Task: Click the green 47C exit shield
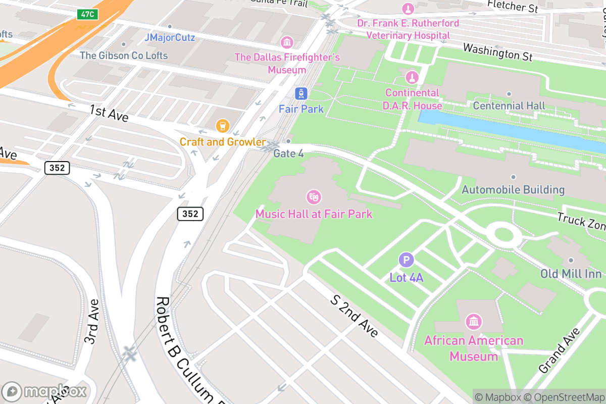[x=87, y=14]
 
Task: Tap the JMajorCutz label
[x=169, y=37]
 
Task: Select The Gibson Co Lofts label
[x=124, y=55]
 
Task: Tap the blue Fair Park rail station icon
[x=301, y=93]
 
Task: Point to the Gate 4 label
[x=288, y=153]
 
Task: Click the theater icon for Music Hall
[x=314, y=197]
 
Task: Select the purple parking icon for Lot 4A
[x=406, y=260]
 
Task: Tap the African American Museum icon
[x=474, y=321]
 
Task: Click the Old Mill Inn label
[x=571, y=274]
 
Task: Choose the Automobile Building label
[x=513, y=190]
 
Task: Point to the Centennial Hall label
[x=509, y=106]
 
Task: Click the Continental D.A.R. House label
[x=413, y=99]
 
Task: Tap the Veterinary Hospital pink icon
[x=408, y=9]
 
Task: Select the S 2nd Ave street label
[x=354, y=316]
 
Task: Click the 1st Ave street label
[x=109, y=113]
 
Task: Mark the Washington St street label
[x=497, y=52]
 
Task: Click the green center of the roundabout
[x=503, y=234]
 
